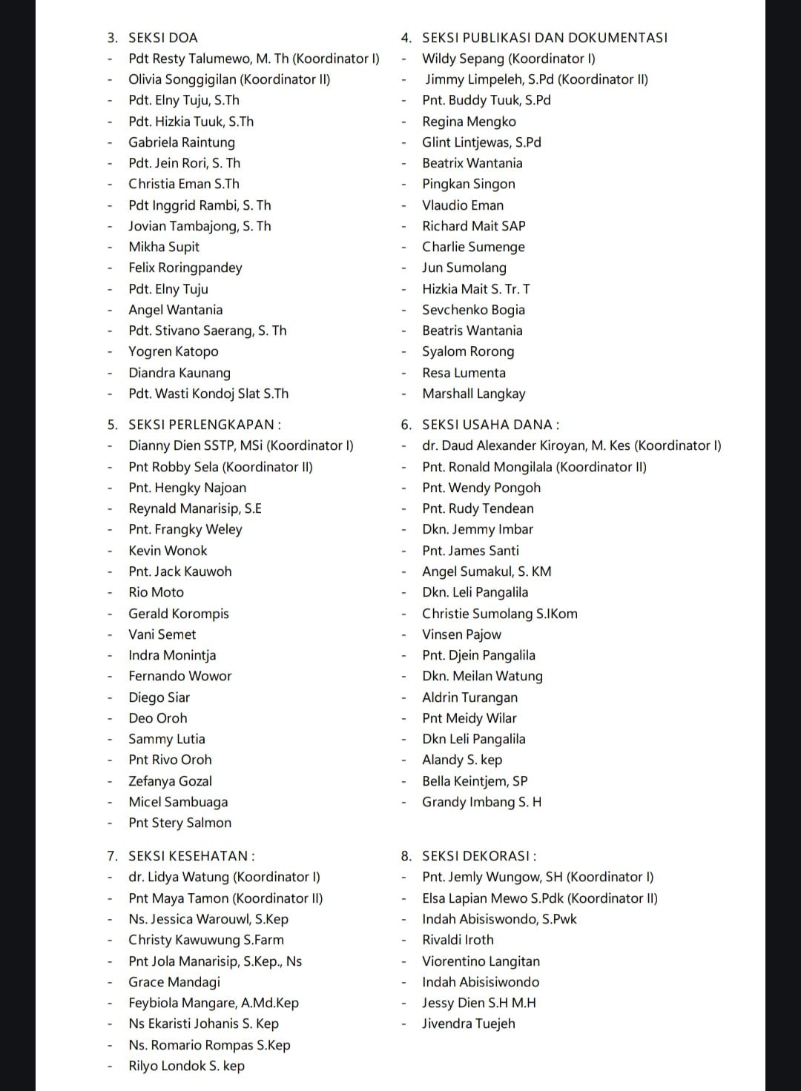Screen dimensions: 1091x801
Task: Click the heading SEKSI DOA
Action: (x=162, y=38)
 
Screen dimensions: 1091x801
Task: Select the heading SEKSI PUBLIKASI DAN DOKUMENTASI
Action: (x=544, y=38)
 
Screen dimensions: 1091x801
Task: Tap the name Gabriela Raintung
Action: (x=182, y=142)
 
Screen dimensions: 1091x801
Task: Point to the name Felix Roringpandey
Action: (x=185, y=268)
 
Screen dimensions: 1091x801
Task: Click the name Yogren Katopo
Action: (x=174, y=351)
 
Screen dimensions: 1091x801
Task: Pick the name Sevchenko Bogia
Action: (x=473, y=310)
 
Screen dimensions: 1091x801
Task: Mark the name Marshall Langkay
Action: (x=473, y=394)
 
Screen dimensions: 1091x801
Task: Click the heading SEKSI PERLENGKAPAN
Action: (x=204, y=425)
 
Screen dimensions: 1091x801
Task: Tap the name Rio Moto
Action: (x=156, y=592)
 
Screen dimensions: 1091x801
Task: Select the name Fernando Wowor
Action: (x=180, y=676)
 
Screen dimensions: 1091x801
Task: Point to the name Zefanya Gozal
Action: (x=170, y=781)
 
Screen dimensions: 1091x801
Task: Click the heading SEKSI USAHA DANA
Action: (x=490, y=425)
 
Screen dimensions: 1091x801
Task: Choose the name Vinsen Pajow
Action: (x=461, y=634)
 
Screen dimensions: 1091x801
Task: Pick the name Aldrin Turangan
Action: (x=469, y=697)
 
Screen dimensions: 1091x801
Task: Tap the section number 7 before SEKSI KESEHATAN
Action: (x=112, y=856)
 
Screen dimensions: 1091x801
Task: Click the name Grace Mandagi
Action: (x=174, y=982)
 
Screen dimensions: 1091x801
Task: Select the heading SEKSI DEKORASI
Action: (x=479, y=856)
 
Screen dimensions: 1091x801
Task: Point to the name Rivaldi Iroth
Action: (x=458, y=940)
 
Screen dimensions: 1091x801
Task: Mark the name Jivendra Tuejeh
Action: (x=468, y=1024)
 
